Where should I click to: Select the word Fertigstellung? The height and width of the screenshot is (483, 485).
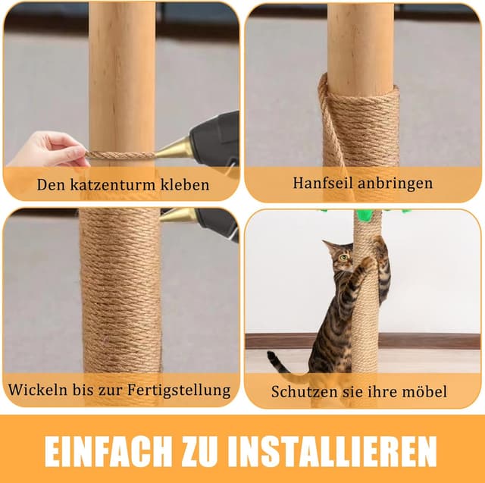(179, 390)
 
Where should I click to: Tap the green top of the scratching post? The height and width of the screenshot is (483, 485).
(365, 215)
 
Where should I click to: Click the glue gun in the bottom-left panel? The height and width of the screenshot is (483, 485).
(205, 219)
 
